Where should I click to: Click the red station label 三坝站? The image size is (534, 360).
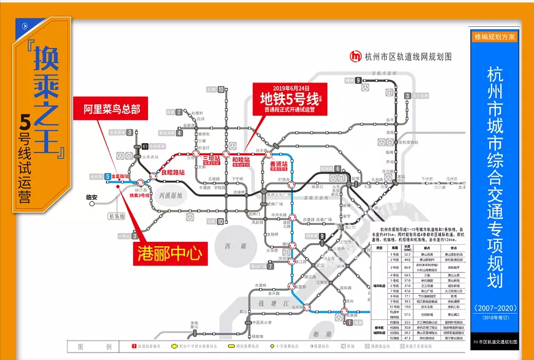coord(211,159)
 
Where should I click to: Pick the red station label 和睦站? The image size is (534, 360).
coord(241,160)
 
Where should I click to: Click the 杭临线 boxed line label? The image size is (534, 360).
coord(117,216)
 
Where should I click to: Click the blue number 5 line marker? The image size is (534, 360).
coord(107,177)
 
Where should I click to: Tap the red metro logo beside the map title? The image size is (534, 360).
coord(356,56)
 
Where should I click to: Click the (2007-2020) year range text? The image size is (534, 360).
coord(495,309)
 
